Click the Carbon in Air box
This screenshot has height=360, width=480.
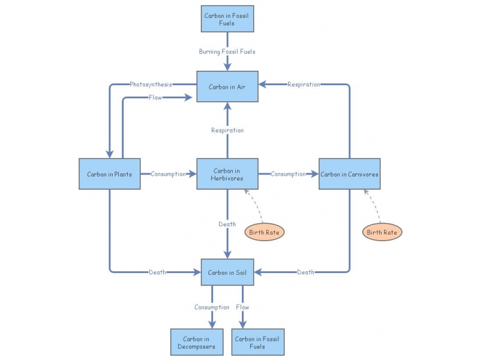227,86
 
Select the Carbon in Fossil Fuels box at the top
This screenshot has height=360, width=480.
227,19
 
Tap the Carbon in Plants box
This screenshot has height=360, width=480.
109,174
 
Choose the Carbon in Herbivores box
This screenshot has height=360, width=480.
227,174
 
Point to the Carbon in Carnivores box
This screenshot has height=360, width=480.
349,174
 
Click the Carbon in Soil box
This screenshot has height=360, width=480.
227,272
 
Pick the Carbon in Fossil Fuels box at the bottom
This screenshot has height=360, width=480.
258,343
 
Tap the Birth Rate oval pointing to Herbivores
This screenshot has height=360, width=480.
265,232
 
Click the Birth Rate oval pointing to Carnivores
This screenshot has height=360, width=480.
382,232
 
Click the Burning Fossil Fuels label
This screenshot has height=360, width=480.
227,52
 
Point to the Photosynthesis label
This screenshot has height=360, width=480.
151,85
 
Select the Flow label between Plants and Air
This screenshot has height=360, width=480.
155,97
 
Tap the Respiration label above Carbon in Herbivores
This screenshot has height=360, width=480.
227,130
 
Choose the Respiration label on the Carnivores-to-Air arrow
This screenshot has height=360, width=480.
304,85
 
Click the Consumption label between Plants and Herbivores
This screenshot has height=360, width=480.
168,174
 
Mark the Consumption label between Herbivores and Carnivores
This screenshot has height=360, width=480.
288,174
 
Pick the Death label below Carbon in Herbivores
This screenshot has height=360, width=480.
227,224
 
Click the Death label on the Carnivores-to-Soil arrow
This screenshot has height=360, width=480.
305,272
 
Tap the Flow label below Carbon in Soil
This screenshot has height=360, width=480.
242,307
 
